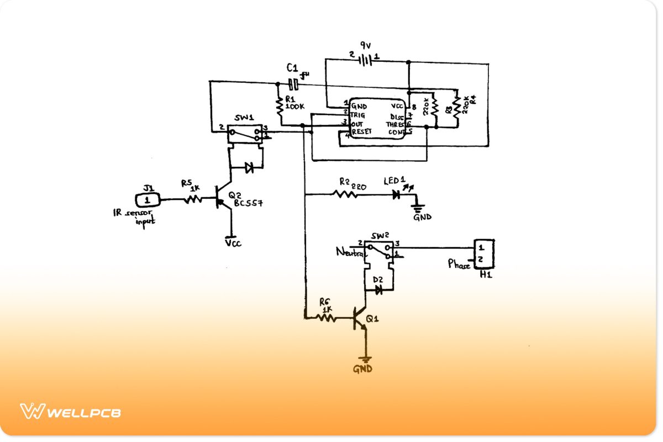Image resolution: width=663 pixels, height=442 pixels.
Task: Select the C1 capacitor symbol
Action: tap(294, 84)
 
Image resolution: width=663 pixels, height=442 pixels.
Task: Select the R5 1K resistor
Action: tap(193, 199)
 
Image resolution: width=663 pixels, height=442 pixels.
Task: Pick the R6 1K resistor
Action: tap(326, 318)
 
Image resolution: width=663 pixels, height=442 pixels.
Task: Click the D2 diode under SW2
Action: tap(378, 291)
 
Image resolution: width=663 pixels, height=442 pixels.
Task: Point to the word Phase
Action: tap(459, 265)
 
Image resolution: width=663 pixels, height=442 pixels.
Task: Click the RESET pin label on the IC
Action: tap(361, 131)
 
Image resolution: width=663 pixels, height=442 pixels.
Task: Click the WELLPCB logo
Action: tap(70, 412)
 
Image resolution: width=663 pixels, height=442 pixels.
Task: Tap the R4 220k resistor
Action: tap(456, 108)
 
